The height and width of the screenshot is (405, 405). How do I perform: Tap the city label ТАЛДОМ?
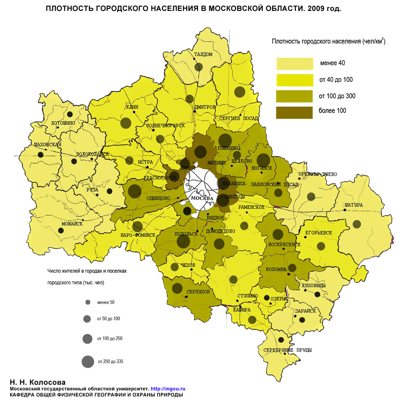coord(203,55)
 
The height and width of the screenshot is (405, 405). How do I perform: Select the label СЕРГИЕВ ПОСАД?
coord(239,118)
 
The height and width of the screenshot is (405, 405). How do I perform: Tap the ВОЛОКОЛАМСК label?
coord(93,154)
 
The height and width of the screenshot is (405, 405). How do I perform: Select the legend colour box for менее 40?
coord(294,64)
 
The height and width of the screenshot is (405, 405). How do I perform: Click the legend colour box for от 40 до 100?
coord(294,80)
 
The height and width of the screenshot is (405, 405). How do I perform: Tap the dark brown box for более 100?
coord(294,112)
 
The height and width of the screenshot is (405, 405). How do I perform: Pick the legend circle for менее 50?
coord(87,302)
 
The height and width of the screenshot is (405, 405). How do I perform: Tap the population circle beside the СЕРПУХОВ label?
coord(177,288)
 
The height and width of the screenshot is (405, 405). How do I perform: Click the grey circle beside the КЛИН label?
coord(127,123)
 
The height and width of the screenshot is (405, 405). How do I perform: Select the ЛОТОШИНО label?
coord(63,123)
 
